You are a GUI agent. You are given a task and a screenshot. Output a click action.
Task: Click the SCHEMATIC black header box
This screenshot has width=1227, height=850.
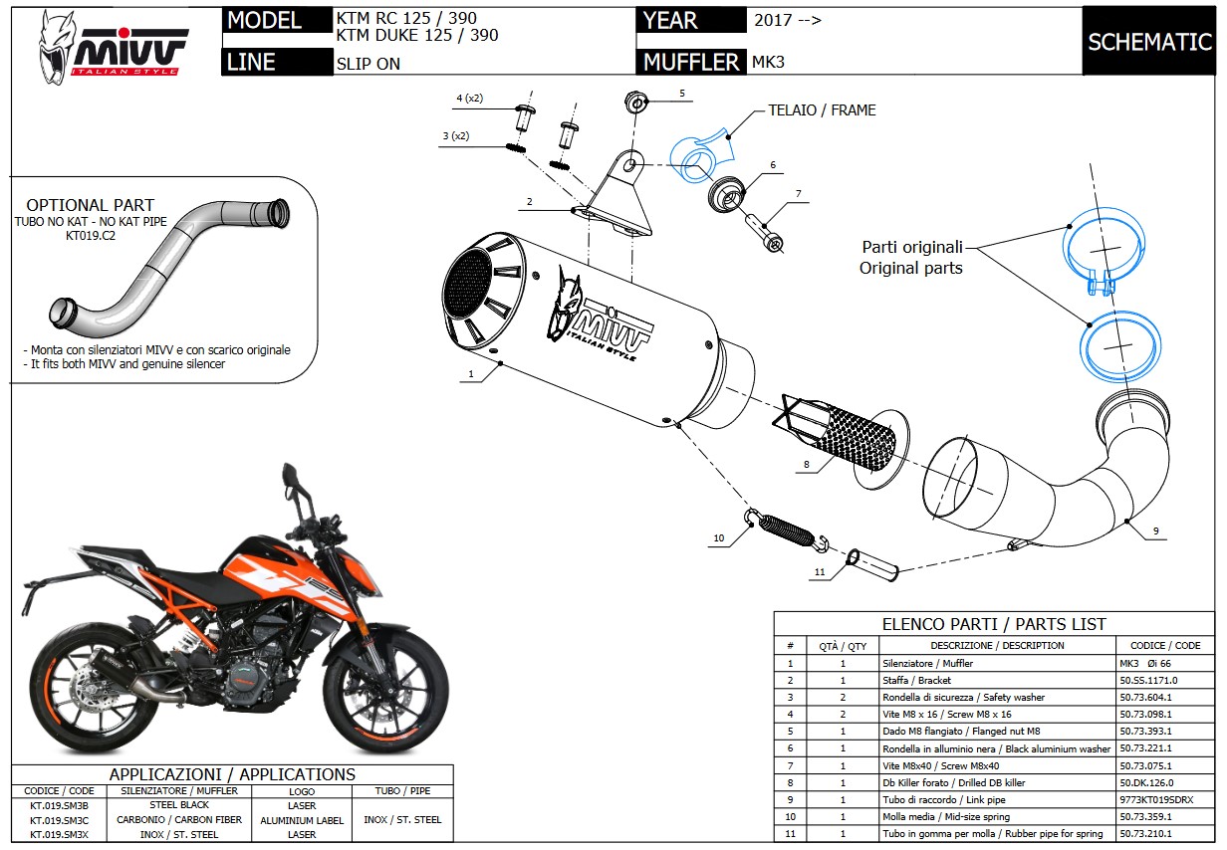tap(1148, 42)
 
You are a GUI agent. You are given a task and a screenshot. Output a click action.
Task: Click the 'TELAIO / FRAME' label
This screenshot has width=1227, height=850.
tap(822, 110)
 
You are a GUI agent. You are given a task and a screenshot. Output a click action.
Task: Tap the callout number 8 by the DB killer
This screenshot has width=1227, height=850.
tap(806, 464)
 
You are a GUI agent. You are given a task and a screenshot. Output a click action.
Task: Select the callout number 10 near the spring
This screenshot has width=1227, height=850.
tap(718, 538)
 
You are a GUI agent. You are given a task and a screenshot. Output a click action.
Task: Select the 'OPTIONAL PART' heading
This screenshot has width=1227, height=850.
tap(91, 205)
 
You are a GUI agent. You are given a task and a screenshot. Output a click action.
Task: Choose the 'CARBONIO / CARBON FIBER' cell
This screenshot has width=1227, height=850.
tap(179, 820)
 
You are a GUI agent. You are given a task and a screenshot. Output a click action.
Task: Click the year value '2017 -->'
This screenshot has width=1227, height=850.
tap(788, 20)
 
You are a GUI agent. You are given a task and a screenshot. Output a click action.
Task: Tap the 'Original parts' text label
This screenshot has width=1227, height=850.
tap(911, 269)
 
